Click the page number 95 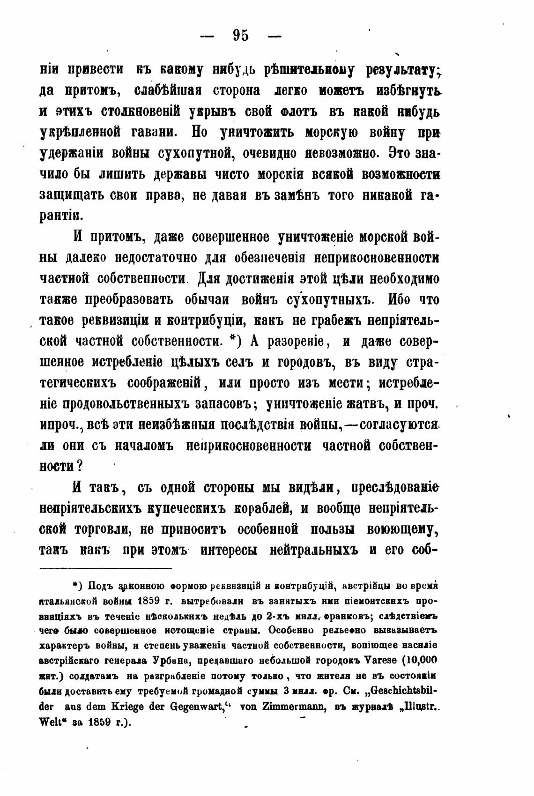[240, 36]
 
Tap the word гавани [151, 133]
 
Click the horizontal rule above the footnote [106, 569]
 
